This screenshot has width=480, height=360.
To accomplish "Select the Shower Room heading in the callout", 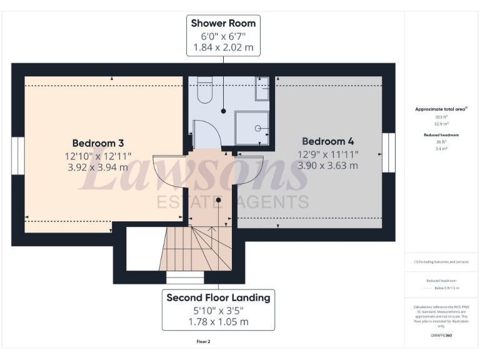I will tap(223, 23).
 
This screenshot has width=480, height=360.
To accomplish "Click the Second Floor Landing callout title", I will tap(218, 297).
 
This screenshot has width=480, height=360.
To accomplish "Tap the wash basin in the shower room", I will tap(262, 89).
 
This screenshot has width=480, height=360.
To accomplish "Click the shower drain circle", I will tap(257, 127).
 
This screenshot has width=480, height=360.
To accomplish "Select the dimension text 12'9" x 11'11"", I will tap(327, 154).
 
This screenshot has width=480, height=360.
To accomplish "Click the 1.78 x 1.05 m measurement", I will tap(218, 321).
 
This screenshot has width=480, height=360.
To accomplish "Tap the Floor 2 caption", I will tap(204, 342).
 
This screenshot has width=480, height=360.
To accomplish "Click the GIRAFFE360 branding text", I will tap(441, 336).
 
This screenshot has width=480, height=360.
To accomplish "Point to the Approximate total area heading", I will tap(441, 109).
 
